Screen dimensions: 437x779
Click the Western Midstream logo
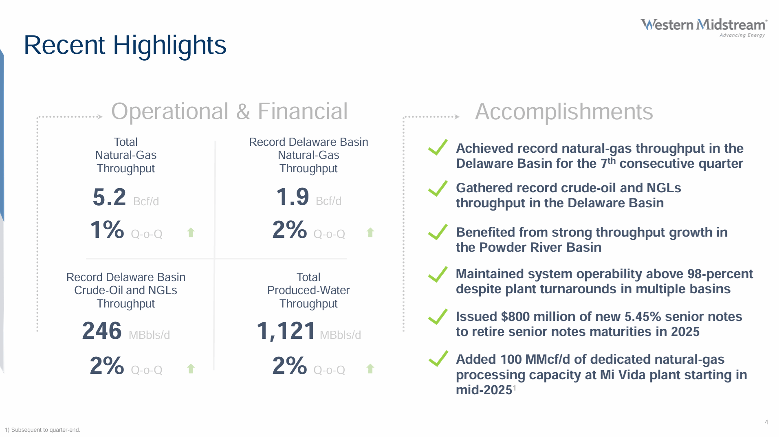coord(704,27)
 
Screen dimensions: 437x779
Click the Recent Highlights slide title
coord(125,45)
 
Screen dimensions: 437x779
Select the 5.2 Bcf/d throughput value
coord(109,197)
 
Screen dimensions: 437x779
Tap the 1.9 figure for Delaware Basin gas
coord(293,197)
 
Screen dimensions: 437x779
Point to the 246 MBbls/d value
coord(102,331)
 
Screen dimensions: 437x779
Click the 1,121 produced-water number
coord(286,331)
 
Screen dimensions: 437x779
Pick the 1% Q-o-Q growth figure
coord(107,230)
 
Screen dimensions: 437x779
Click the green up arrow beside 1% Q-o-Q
coord(191,233)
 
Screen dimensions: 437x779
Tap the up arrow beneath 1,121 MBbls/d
coord(370,369)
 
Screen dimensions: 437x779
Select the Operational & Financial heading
coord(229,111)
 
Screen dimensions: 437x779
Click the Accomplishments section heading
coord(564,112)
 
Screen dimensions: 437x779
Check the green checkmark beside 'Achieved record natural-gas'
coord(438,147)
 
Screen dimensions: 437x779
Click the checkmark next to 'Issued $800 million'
coord(438,316)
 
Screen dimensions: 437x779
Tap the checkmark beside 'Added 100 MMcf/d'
coord(438,359)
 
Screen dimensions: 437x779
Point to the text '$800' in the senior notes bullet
coord(515,316)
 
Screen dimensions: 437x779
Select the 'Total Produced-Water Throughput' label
coord(308,290)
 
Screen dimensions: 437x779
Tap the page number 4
coord(766,422)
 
